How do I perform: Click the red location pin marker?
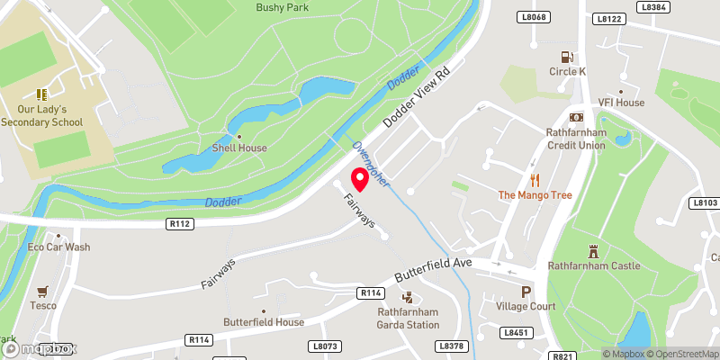coord(360,178)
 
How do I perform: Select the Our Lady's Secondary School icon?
coord(41,94)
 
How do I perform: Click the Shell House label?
coord(238,148)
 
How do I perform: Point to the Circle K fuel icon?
coord(567,56)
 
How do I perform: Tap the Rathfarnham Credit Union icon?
coord(576,118)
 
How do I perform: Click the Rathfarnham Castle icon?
coord(594,250)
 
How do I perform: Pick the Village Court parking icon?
coord(526,292)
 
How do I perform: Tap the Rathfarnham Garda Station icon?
coord(407,297)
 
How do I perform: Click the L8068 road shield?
coord(533,17)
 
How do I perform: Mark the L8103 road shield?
coord(706,203)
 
